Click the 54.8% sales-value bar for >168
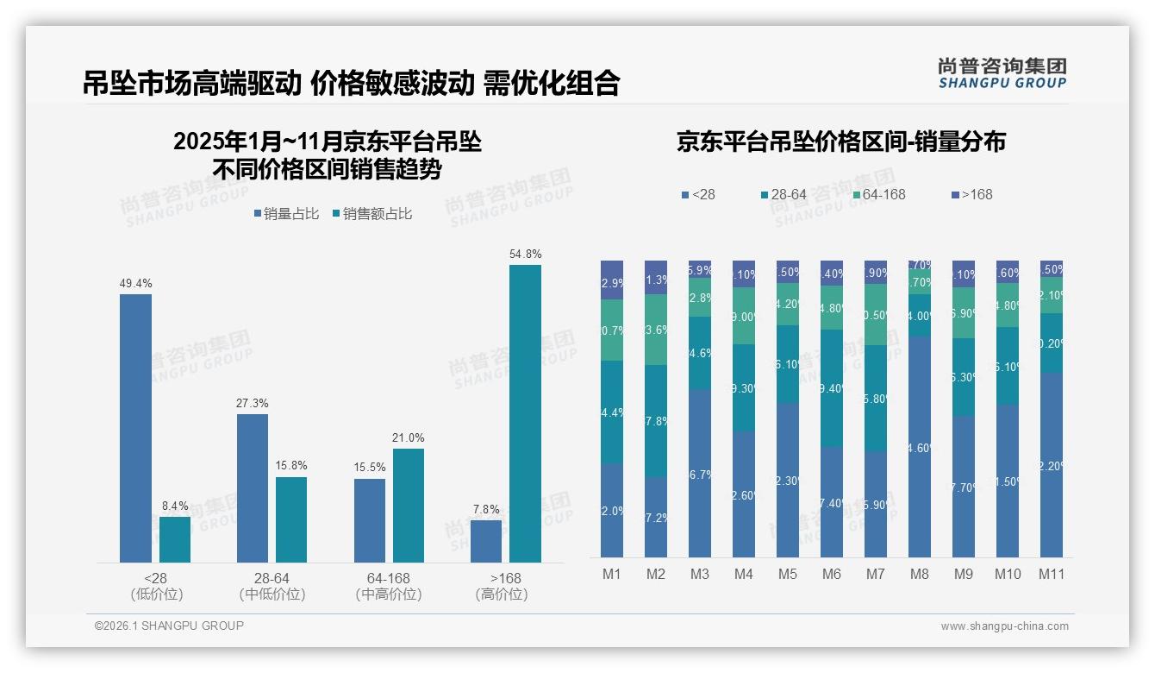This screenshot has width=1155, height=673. pyautogui.click(x=525, y=413)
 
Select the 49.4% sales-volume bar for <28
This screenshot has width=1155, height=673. pyautogui.click(x=135, y=428)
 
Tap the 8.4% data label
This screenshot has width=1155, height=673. pyautogui.click(x=175, y=506)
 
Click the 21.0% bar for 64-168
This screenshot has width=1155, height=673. pyautogui.click(x=409, y=505)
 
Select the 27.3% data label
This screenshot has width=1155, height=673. pyautogui.click(x=252, y=403)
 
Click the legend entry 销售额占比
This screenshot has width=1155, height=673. pyautogui.click(x=377, y=214)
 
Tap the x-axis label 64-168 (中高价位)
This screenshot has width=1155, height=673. pyautogui.click(x=388, y=586)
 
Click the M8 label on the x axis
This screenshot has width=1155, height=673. pyautogui.click(x=919, y=574)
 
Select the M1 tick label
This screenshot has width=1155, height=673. pyautogui.click(x=611, y=574)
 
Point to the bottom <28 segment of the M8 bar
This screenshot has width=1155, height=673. pyautogui.click(x=919, y=446)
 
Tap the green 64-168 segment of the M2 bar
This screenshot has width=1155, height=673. pyautogui.click(x=655, y=330)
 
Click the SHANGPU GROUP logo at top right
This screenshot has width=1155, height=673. pyautogui.click(x=1002, y=72)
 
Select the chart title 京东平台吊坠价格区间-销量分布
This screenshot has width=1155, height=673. pyautogui.click(x=840, y=142)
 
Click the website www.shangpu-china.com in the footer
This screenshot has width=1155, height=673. pyautogui.click(x=1004, y=626)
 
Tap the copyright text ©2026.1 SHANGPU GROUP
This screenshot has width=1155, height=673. pyautogui.click(x=169, y=626)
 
